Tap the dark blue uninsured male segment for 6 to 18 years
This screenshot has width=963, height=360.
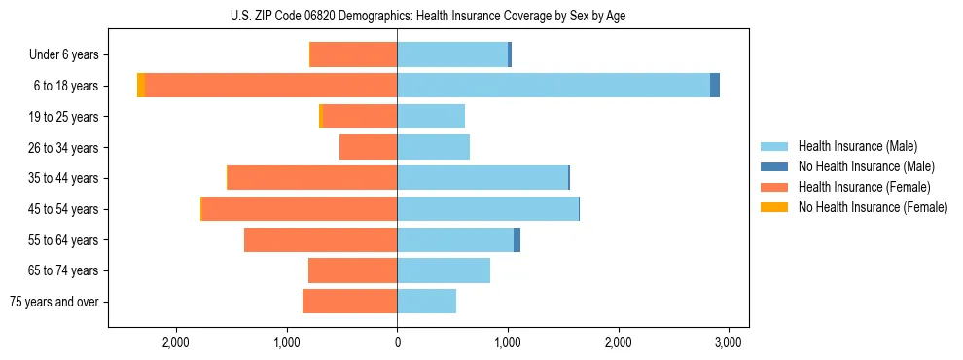coord(715,86)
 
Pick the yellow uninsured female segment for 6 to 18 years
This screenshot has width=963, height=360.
coord(141,86)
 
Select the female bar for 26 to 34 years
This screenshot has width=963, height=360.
coord(368,147)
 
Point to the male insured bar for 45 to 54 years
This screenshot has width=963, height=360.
coord(487,209)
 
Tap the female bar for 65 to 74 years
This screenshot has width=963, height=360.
coord(352,270)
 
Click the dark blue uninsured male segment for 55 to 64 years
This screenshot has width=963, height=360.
coord(517,239)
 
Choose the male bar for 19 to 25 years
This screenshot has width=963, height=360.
coord(431,117)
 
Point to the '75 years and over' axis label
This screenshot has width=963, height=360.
coord(54,302)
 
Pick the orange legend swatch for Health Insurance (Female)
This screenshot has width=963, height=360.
coord(774,187)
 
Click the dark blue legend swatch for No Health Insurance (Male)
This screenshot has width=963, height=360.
coord(774,166)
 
